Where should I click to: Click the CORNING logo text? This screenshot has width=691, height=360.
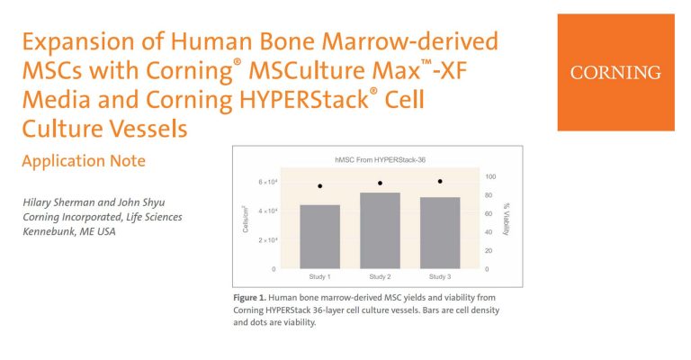(615, 73)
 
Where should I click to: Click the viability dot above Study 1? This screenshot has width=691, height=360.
(320, 186)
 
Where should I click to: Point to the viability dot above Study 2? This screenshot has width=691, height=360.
(380, 184)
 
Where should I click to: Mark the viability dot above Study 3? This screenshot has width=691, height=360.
(440, 182)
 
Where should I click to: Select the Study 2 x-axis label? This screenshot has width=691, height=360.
(380, 276)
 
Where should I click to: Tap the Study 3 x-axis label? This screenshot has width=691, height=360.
(440, 276)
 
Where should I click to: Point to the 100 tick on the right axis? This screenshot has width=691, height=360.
(489, 176)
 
